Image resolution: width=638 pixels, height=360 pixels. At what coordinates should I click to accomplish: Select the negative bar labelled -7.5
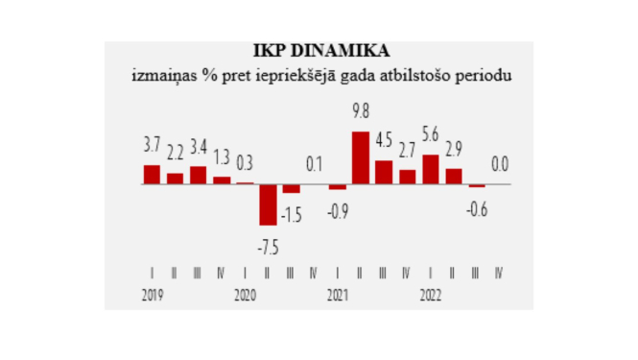[x=268, y=204]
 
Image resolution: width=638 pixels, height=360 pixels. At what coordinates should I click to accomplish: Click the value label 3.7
[x=152, y=146]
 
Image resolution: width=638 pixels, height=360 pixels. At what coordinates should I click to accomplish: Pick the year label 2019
[x=151, y=294]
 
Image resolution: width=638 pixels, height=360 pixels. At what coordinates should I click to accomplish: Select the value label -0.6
[x=476, y=208]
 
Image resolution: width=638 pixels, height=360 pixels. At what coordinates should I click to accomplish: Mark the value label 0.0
[x=500, y=164]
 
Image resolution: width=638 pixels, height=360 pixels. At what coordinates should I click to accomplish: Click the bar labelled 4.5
[x=384, y=172]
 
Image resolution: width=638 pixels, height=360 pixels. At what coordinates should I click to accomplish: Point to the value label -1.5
[x=291, y=214]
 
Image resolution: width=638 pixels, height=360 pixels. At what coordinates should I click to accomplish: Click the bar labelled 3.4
[x=198, y=175]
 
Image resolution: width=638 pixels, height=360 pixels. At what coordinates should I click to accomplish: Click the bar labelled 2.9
[x=453, y=176]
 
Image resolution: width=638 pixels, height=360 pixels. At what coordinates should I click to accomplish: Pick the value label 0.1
[x=314, y=164]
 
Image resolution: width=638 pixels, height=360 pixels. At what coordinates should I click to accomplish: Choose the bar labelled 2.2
[x=175, y=178]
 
